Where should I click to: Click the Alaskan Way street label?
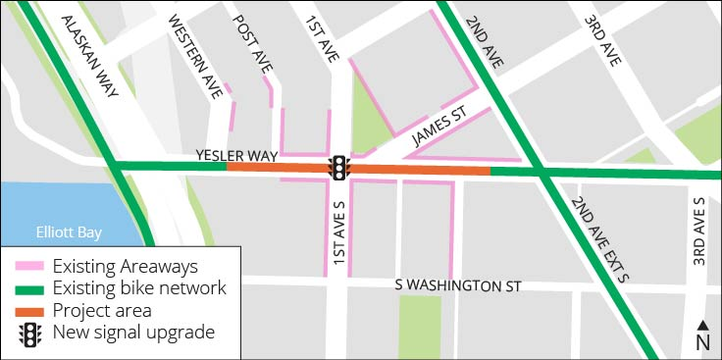pyautogui.click(x=90, y=57)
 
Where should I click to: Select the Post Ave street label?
pyautogui.click(x=254, y=45)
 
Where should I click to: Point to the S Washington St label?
pyautogui.click(x=457, y=285)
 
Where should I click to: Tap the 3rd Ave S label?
pyautogui.click(x=698, y=231)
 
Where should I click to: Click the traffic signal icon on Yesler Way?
pyautogui.click(x=339, y=168)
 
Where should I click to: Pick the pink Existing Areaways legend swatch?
pyautogui.click(x=31, y=266)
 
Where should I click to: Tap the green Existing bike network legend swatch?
pyautogui.click(x=31, y=288)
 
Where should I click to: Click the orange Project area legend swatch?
pyautogui.click(x=31, y=311)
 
